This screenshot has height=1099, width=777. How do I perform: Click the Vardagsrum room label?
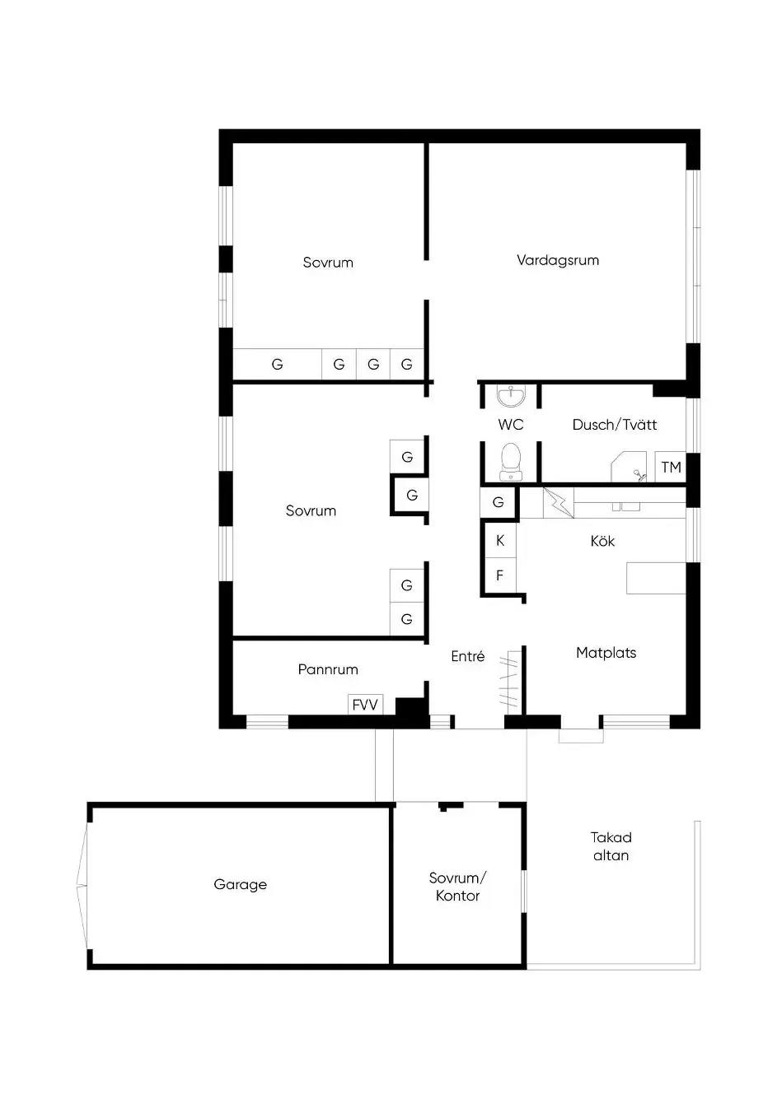click(x=558, y=260)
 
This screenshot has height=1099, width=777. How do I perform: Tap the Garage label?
click(x=240, y=885)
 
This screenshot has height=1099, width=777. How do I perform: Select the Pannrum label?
click(x=328, y=669)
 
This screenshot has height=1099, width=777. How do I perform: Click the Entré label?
click(x=467, y=656)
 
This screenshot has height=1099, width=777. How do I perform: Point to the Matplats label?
click(x=606, y=653)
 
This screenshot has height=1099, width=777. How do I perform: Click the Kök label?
click(x=602, y=541)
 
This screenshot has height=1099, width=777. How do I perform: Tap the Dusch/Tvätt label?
click(x=615, y=425)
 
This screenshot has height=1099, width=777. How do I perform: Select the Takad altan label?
click(x=611, y=846)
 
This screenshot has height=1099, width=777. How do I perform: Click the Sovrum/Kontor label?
click(x=458, y=887)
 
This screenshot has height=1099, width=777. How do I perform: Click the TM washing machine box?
click(x=671, y=467)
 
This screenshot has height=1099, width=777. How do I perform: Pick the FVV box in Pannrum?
click(x=365, y=705)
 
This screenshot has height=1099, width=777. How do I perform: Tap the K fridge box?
click(x=500, y=540)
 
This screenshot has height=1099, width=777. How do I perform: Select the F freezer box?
click(x=500, y=575)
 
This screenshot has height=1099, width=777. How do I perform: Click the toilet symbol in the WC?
click(x=511, y=462)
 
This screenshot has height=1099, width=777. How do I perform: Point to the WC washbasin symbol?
click(x=511, y=396)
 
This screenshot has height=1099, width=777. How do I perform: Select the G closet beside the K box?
click(x=498, y=502)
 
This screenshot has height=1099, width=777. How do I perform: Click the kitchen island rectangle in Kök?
click(x=656, y=579)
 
